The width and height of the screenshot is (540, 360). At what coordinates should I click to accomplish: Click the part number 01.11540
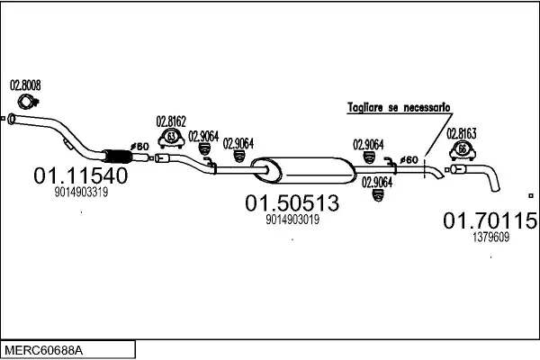point(81,175)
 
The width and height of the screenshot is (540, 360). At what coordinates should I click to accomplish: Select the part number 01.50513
point(292,202)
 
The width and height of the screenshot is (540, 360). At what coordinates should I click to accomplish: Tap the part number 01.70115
point(490,220)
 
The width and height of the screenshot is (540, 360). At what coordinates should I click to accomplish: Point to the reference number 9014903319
point(81,192)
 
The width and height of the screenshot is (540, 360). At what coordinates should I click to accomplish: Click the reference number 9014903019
point(292,220)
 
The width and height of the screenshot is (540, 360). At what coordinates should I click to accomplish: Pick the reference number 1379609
point(490,237)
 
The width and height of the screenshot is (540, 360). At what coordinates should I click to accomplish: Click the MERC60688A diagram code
point(44,351)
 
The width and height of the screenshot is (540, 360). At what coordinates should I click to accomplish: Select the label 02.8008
point(25,85)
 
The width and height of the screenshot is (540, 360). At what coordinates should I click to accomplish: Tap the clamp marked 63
point(171,139)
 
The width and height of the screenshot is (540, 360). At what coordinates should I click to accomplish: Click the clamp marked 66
point(463,151)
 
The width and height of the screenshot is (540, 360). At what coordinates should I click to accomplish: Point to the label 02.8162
point(171,121)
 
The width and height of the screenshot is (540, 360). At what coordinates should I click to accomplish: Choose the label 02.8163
point(462,134)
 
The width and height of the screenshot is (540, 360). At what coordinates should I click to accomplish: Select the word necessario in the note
point(427,107)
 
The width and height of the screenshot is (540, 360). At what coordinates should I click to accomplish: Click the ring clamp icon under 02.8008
point(28,102)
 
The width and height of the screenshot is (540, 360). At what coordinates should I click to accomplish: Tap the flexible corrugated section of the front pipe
point(118,157)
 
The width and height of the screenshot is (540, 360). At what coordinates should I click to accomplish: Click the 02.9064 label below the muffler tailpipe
point(377,183)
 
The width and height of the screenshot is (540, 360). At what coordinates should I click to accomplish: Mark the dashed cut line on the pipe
point(425,167)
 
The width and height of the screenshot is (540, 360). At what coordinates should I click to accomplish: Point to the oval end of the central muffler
point(265,169)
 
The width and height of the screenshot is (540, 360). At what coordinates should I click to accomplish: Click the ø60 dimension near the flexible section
point(139,147)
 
